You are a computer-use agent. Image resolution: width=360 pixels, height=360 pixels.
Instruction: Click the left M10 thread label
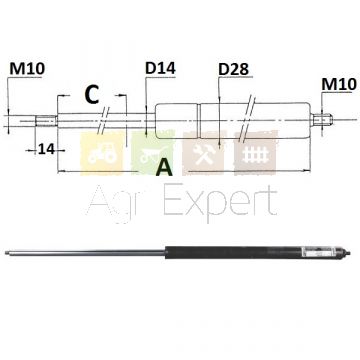(27, 69)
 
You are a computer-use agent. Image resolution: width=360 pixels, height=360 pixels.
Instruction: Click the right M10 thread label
(339, 84)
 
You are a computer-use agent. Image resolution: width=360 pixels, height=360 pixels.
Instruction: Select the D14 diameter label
(160, 68)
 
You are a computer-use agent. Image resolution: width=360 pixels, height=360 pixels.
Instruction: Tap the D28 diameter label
(234, 69)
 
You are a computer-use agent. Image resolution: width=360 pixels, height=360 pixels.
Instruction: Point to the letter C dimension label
(92, 95)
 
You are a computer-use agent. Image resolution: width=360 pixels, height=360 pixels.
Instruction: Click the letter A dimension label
(164, 168)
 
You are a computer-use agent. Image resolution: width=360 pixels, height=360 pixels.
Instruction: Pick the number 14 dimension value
(46, 149)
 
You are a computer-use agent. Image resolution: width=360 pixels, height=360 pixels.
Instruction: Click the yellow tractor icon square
(102, 153)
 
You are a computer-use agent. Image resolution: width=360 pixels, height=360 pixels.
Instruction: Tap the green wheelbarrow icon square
(153, 153)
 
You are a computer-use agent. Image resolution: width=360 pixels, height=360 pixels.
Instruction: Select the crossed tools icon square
(203, 153)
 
